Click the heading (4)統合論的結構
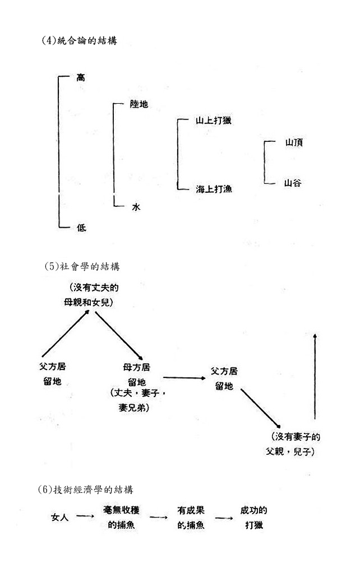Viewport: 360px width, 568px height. pos(79,40)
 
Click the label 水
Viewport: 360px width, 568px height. pos(136,207)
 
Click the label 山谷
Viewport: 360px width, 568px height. pos(293,182)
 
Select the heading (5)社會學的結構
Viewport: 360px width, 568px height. pos(88,266)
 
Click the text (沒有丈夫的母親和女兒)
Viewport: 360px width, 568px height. pos(94,295)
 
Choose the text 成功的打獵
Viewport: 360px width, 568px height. pos(253,518)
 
